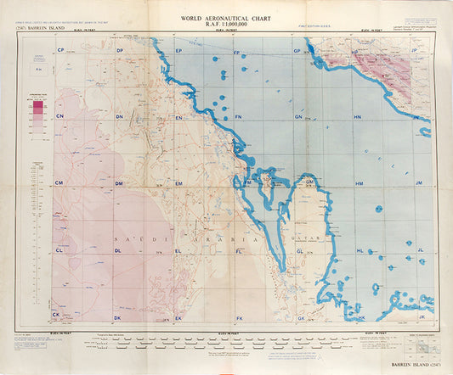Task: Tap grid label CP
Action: [60, 51]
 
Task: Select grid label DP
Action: [120, 51]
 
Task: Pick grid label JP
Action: [415, 51]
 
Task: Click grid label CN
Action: [60, 116]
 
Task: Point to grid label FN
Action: [239, 116]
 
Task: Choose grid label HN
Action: [358, 116]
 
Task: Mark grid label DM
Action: [120, 183]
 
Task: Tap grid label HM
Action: [360, 183]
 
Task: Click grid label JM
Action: [418, 183]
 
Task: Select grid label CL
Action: [59, 251]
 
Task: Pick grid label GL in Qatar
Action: [299, 251]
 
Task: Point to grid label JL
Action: [420, 251]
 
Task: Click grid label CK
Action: [57, 315]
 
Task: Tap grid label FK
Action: [240, 317]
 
